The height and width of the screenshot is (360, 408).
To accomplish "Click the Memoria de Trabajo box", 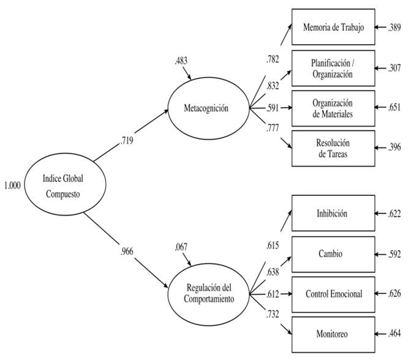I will coord(332,27).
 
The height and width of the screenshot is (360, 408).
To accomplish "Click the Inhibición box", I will coord(332,214).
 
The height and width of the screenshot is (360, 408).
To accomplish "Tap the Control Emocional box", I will coord(332,294).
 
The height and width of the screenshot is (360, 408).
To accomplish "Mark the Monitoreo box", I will coord(332,334).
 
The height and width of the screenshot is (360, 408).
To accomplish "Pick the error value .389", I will coord(395,28).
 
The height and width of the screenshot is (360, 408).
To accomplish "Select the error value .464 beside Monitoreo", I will coord(395,334).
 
